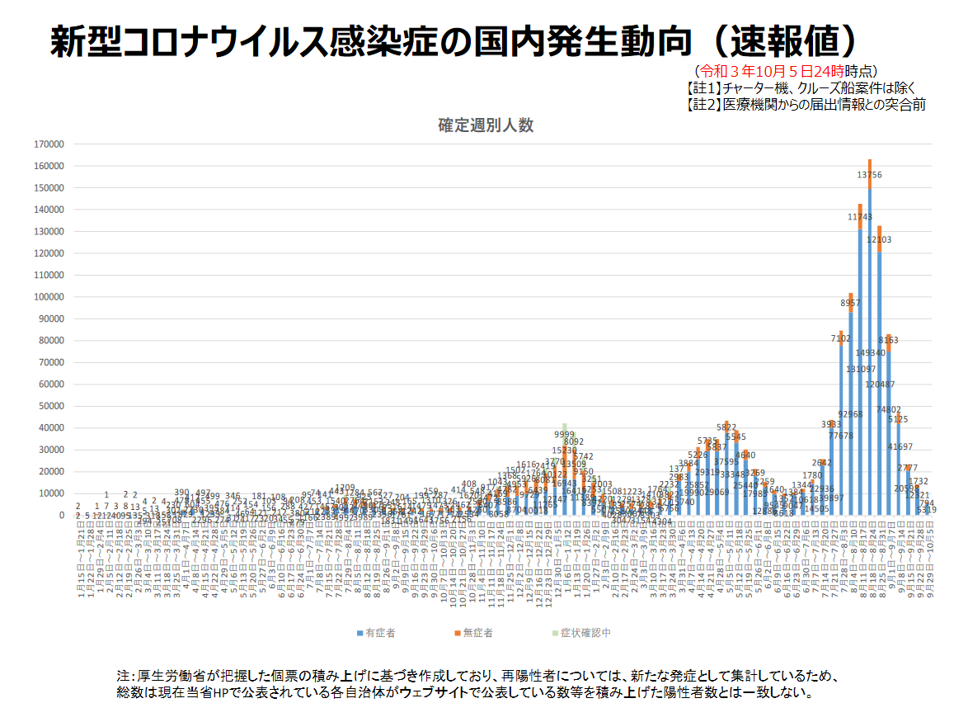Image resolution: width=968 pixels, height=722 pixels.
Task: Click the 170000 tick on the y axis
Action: [48, 144]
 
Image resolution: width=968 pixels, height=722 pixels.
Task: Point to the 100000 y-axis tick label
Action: [48, 297]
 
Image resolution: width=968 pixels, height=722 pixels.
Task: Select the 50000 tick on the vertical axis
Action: [50, 406]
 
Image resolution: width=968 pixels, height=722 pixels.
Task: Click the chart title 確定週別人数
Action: [486, 125]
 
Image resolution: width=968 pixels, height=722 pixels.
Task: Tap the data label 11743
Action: [860, 217]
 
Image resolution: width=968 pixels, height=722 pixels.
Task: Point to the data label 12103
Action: [879, 239]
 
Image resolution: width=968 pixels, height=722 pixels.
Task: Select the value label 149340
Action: [870, 353]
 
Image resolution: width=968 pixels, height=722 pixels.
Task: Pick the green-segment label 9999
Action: [564, 435]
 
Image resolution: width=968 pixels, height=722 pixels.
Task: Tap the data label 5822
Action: [726, 427]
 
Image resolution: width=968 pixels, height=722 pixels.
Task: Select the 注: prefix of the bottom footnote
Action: [126, 676]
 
